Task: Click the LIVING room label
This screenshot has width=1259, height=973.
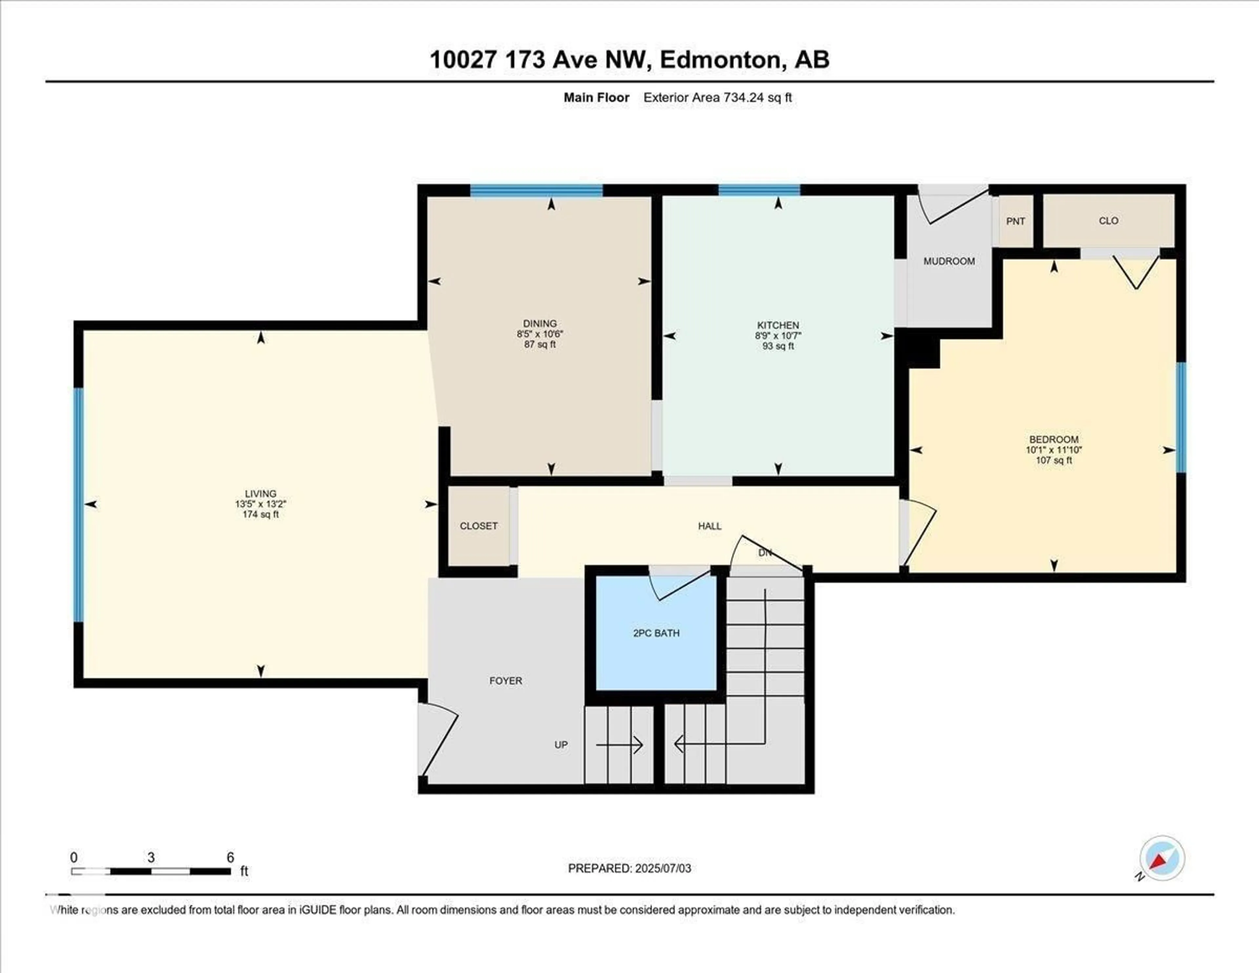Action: [x=261, y=494]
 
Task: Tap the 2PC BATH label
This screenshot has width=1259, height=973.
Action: [x=656, y=633]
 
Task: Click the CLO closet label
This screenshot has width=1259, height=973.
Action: [x=1108, y=221]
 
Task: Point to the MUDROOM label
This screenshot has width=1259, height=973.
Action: [x=949, y=261]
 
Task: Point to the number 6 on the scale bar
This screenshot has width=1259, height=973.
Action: [x=230, y=858]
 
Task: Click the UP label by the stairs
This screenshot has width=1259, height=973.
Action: [x=561, y=745]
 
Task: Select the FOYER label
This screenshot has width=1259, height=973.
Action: [x=506, y=681]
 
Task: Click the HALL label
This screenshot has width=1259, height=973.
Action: [x=709, y=526]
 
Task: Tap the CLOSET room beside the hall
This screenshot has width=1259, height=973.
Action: [x=478, y=526]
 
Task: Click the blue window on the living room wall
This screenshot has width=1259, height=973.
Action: [x=78, y=505]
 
